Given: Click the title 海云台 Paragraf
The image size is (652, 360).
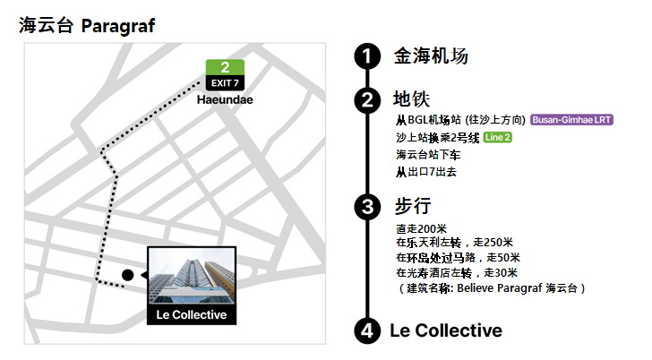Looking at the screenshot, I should pyautogui.click(x=87, y=26).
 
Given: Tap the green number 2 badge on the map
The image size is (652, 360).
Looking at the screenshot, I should pyautogui.click(x=225, y=67).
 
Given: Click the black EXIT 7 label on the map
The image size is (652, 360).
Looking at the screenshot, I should pyautogui.click(x=225, y=83).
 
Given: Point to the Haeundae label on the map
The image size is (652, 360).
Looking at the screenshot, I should pyautogui.click(x=225, y=99).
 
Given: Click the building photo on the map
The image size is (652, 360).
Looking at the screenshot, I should pyautogui.click(x=191, y=277).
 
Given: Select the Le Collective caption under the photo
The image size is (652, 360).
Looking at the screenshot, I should pyautogui.click(x=191, y=315).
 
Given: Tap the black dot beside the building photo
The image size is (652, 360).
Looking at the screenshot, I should pyautogui.click(x=128, y=274).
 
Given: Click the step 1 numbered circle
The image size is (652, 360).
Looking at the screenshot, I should pyautogui.click(x=366, y=56).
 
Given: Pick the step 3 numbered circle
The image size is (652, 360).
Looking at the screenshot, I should pyautogui.click(x=366, y=207).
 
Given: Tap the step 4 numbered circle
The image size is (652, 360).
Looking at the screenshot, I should pyautogui.click(x=366, y=331).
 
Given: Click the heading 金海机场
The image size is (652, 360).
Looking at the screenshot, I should pyautogui.click(x=431, y=56).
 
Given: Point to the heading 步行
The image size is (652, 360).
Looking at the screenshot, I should pyautogui.click(x=413, y=207).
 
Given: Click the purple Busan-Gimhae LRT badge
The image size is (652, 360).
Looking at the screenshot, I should pyautogui.click(x=573, y=120).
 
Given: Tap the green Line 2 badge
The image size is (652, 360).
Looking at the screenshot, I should pyautogui.click(x=498, y=137).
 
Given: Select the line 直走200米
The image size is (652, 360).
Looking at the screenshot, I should pyautogui.click(x=421, y=228).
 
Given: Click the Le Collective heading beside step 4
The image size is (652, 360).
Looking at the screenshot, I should pyautogui.click(x=446, y=330).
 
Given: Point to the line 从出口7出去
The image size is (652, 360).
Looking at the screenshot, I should pyautogui.click(x=426, y=170).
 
